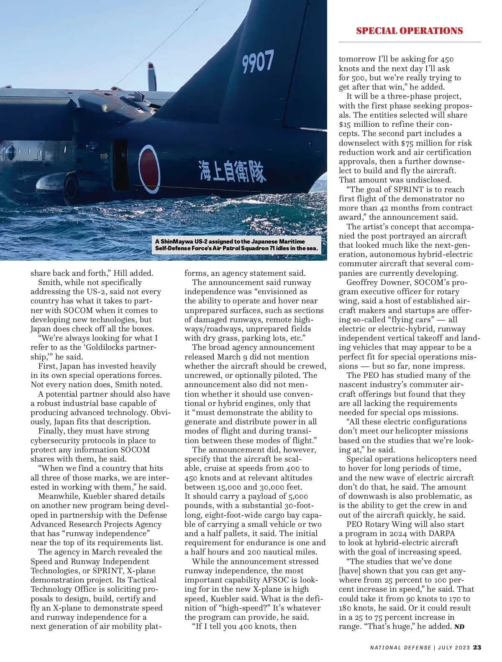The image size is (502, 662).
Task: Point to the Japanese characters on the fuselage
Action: [x=232, y=170]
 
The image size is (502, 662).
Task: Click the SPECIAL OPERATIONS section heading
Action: [x=409, y=31]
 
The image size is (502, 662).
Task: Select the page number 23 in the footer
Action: [x=477, y=647]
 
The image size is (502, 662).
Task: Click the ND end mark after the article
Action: [x=459, y=627]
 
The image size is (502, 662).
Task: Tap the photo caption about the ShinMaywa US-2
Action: [x=237, y=245]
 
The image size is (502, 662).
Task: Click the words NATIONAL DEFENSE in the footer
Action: [x=400, y=648]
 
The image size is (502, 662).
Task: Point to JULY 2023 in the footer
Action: [x=454, y=648]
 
